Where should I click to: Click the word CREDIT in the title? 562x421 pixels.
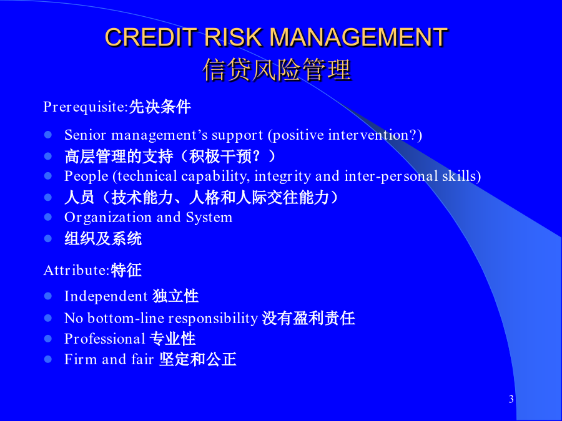click(151, 37)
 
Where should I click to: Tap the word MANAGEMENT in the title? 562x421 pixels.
click(358, 37)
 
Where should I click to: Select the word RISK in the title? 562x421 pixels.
click(233, 37)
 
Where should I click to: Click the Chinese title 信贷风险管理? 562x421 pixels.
click(277, 70)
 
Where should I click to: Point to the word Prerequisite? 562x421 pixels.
click(86, 107)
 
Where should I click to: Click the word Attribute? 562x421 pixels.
click(76, 270)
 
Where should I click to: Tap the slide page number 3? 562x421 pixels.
click(511, 399)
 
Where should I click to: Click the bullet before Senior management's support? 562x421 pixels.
click(48, 135)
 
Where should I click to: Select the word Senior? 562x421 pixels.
click(86, 135)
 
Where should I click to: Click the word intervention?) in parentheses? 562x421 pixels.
click(375, 135)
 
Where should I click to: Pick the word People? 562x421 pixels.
click(86, 177)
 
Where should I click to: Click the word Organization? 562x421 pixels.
click(108, 218)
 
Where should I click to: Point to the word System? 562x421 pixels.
click(209, 218)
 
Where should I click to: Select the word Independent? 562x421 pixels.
click(106, 296)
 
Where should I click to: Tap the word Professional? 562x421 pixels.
click(105, 339)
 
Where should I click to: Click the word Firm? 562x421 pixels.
click(81, 359)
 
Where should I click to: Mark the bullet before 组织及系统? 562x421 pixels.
click(48, 238)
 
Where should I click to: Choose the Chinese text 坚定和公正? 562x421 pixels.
click(198, 359)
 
